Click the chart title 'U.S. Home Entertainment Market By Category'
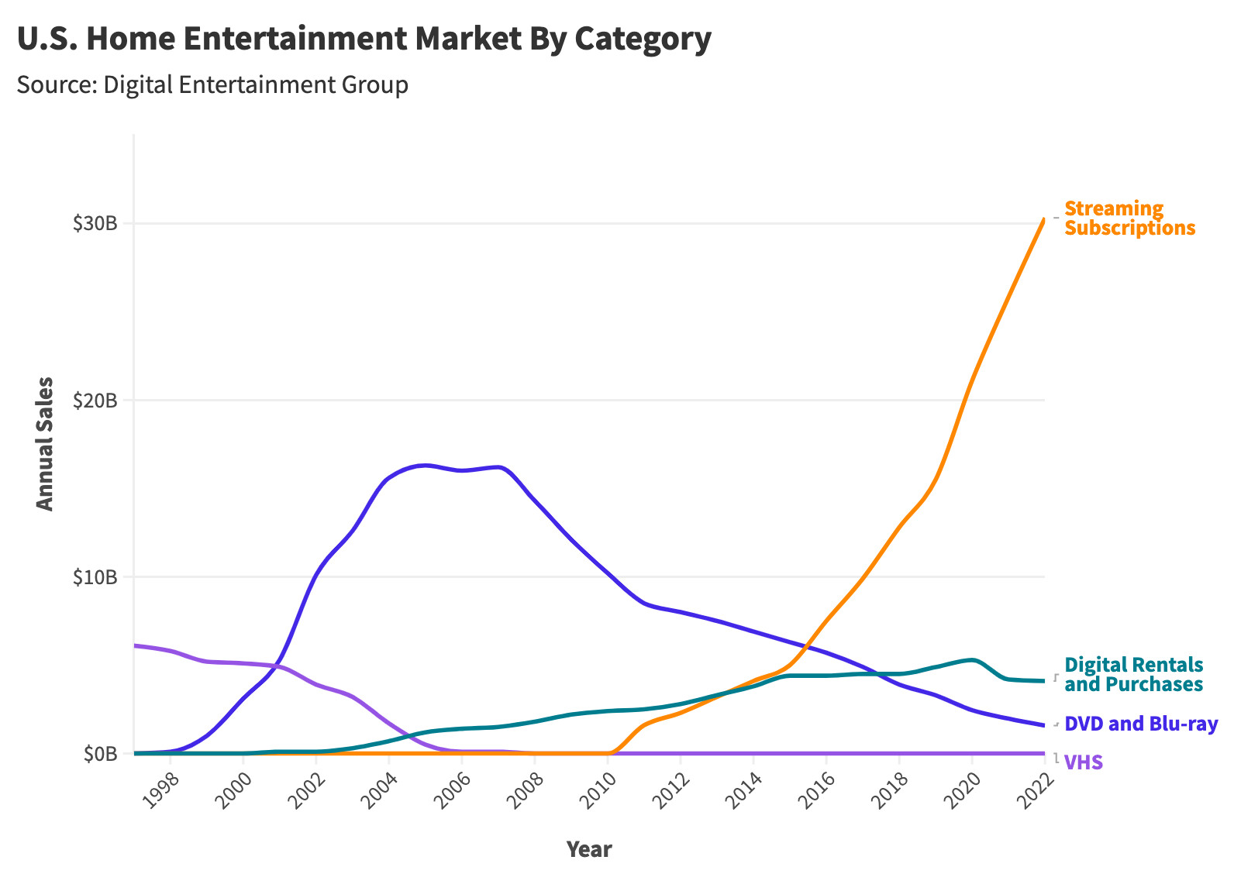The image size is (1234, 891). point(364,40)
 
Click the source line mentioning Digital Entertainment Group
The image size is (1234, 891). point(212,84)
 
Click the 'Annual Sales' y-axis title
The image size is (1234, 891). point(46,444)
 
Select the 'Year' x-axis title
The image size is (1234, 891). point(589,850)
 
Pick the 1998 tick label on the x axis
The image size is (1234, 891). point(162,790)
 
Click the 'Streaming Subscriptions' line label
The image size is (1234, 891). point(1129,218)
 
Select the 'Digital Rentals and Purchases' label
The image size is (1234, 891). point(1133,675)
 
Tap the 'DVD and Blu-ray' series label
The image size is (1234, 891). point(1141,724)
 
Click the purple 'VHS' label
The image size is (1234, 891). point(1084,763)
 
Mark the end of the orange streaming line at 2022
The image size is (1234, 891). point(1044,220)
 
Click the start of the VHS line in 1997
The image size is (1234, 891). point(135,645)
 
